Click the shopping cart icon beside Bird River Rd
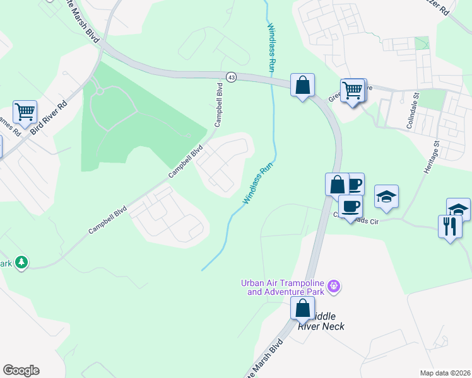[x=25, y=113]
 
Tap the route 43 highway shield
[x=232, y=77]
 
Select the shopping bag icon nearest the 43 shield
[x=302, y=84]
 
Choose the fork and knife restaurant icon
[x=450, y=226]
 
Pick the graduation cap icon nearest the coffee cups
[x=386, y=197]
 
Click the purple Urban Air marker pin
[x=334, y=287]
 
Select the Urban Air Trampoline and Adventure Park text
[x=282, y=287]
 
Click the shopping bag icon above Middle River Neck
[x=302, y=308]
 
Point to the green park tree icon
[x=21, y=262]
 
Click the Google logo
[x=21, y=370]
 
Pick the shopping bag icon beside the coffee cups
[x=337, y=185]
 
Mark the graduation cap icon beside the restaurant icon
[x=459, y=209]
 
